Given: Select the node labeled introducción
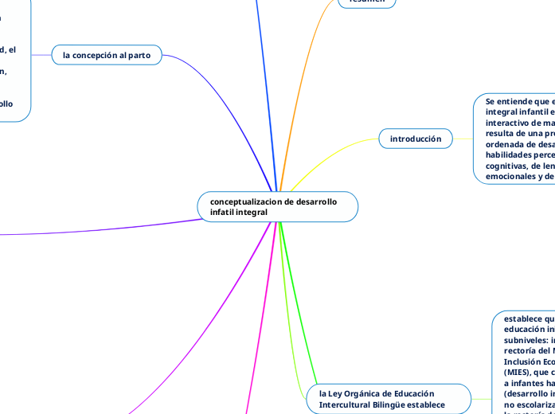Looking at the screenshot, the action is (415, 139).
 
